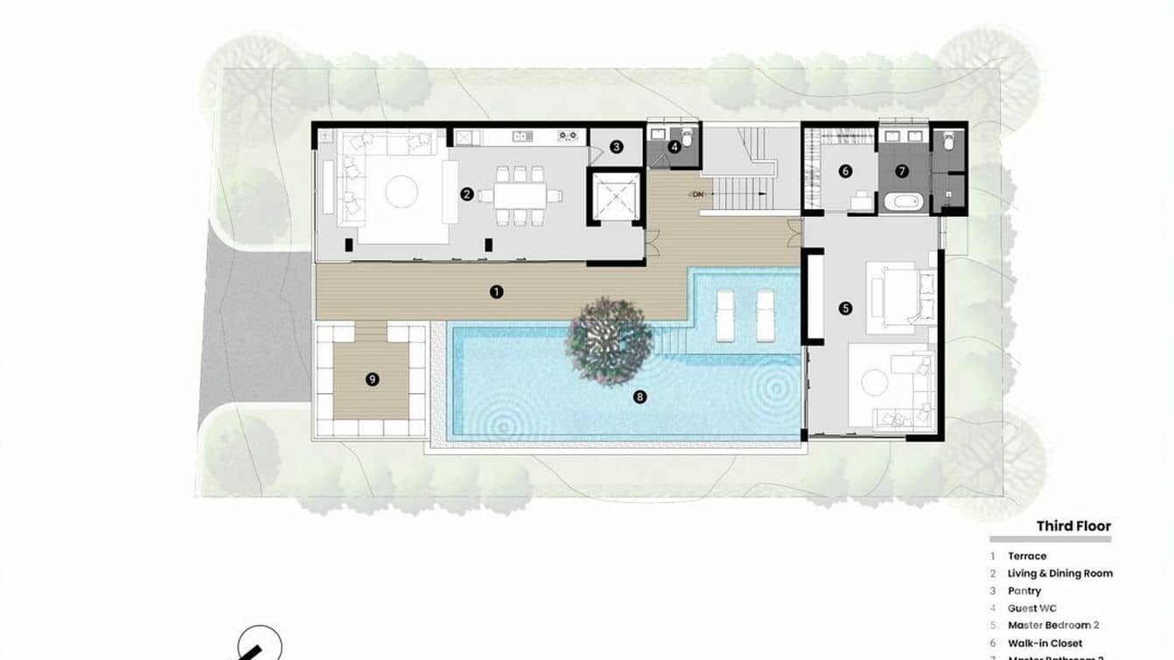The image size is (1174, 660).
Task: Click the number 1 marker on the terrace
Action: (x=497, y=291)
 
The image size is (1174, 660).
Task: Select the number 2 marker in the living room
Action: (x=467, y=193)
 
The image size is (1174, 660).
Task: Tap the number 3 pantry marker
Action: (x=616, y=147)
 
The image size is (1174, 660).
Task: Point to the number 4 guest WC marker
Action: (x=674, y=147)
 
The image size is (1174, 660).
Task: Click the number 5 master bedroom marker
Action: (x=845, y=308)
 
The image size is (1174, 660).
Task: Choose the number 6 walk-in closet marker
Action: (x=845, y=172)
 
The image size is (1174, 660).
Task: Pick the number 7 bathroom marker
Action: (x=902, y=172)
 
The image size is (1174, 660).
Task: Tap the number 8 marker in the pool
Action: (x=640, y=397)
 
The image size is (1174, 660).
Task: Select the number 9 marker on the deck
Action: (x=372, y=379)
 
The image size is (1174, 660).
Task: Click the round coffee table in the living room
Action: (x=402, y=192)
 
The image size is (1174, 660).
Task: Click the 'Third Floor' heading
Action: (x=1073, y=526)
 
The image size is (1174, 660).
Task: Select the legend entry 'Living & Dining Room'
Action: (x=1059, y=573)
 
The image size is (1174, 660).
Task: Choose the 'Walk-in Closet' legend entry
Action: (x=1045, y=643)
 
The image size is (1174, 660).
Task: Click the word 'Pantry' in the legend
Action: (x=1024, y=591)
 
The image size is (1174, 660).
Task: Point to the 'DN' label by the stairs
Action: (x=697, y=193)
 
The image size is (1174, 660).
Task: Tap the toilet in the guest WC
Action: (x=688, y=138)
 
